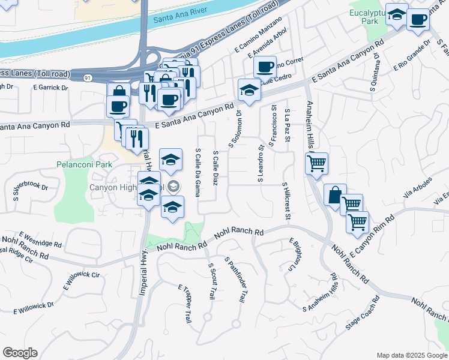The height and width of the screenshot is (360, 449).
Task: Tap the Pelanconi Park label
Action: pyautogui.click(x=85, y=164)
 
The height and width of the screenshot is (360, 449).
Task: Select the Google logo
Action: pyautogui.click(x=20, y=353)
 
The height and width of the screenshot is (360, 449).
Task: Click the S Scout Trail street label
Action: pyautogui.click(x=211, y=281)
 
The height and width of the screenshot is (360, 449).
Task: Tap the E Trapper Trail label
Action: pyautogui.click(x=184, y=304)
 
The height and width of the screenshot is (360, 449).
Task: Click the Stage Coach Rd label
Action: pyautogui.click(x=363, y=314)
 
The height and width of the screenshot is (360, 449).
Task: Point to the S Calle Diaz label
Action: pyautogui.click(x=215, y=168)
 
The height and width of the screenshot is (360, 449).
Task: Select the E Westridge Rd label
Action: pyautogui.click(x=40, y=239)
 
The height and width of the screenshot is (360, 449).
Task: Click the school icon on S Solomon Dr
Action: pyautogui.click(x=249, y=91)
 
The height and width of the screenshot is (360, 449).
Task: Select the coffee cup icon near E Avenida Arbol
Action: pyautogui.click(x=265, y=67)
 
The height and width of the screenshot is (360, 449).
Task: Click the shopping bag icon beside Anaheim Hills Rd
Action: pyautogui.click(x=335, y=195)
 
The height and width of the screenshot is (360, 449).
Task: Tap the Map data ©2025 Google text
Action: pyautogui.click(x=411, y=355)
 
